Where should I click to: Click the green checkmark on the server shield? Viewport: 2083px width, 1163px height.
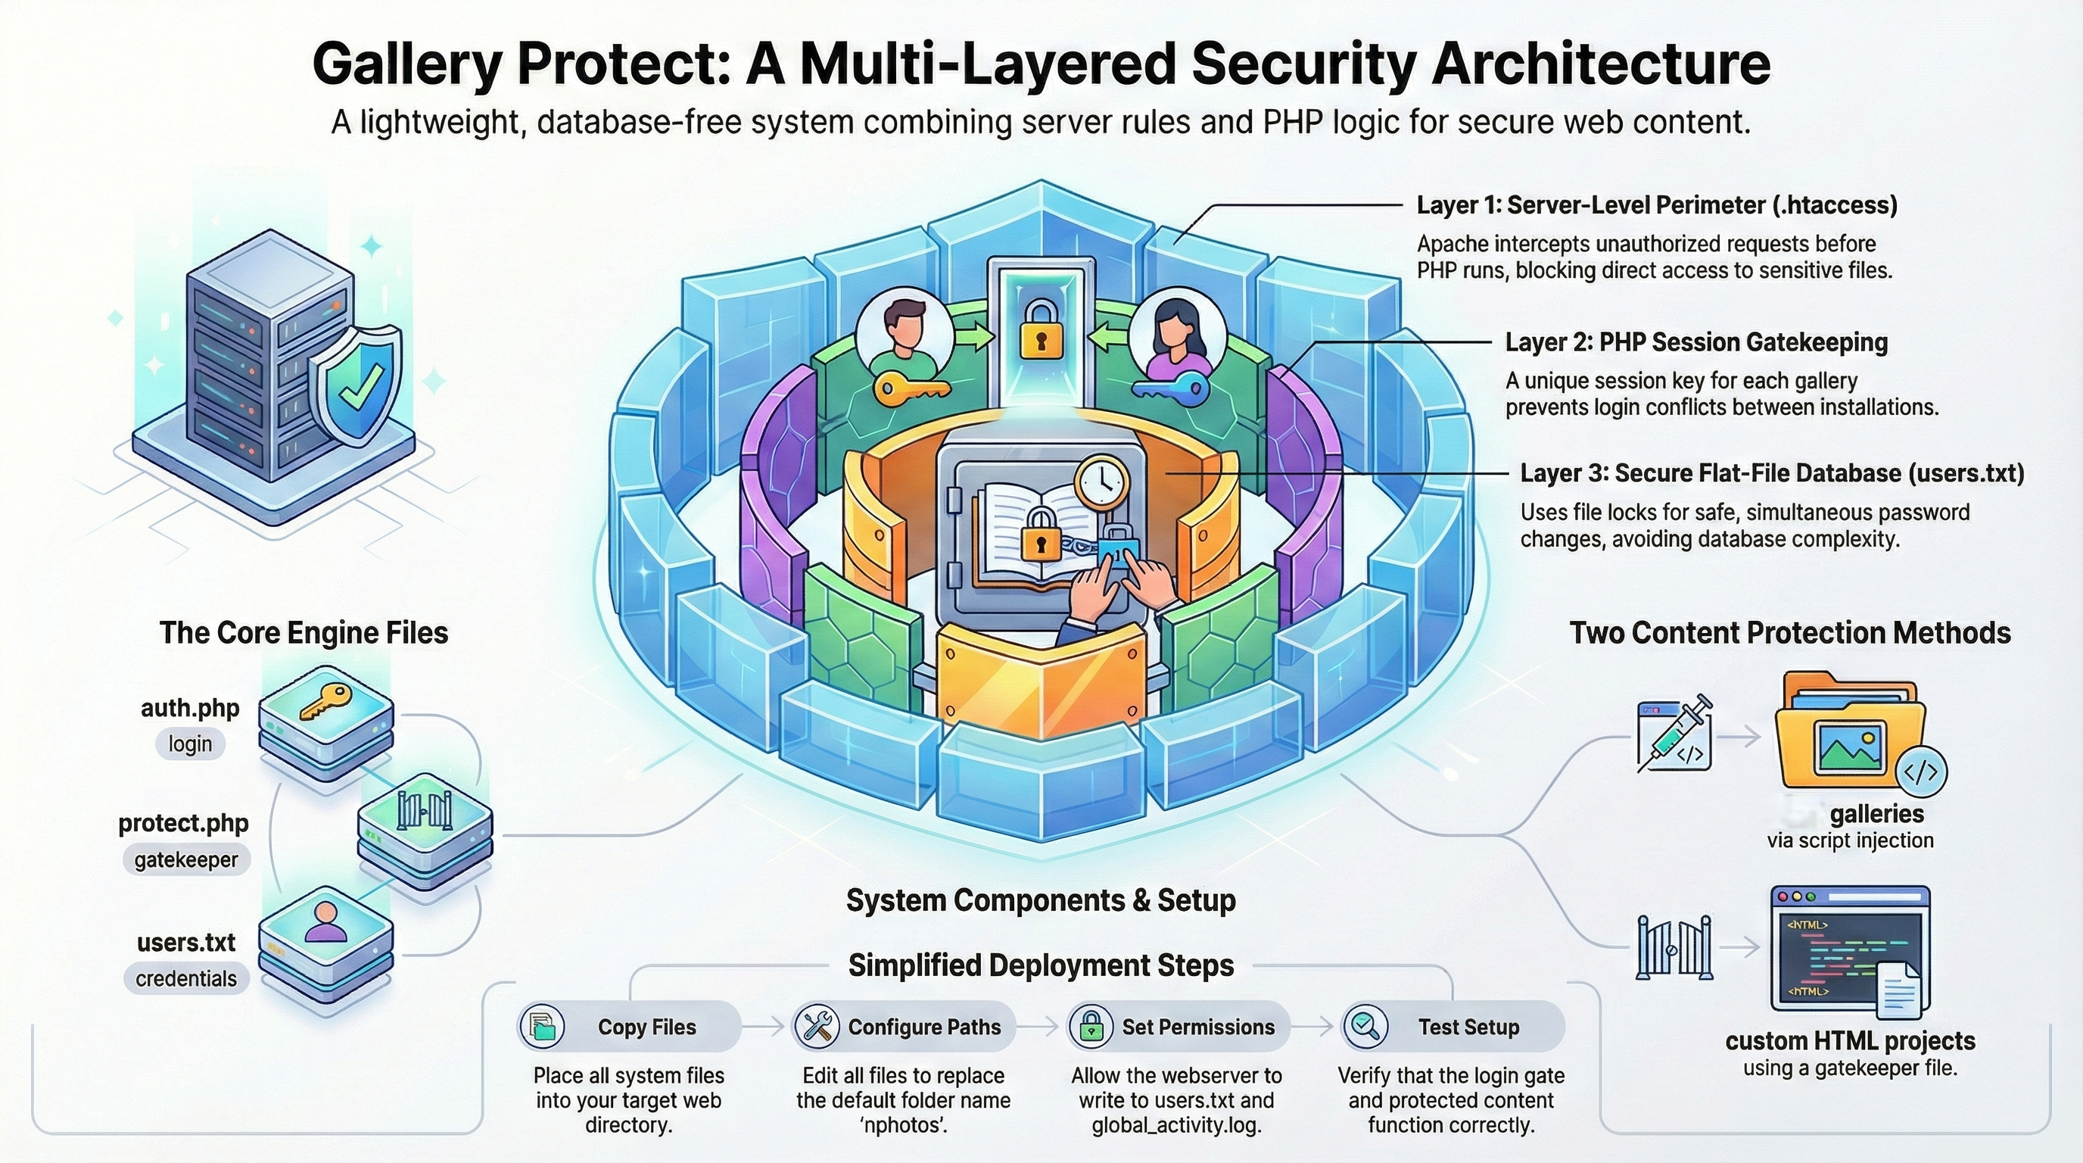point(357,387)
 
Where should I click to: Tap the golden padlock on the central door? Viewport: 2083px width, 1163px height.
point(1041,331)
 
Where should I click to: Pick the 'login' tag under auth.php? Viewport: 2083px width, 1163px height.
point(190,744)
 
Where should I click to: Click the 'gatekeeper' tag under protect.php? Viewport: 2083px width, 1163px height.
point(186,859)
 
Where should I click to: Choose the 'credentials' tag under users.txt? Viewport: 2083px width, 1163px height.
point(186,978)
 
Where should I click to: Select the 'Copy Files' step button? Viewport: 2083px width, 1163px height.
point(629,1026)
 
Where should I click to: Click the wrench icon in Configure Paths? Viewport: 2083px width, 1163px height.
point(817,1026)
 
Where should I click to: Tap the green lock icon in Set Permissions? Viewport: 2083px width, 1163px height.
point(1091,1026)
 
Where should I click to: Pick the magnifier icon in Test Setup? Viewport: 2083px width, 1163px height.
point(1365,1026)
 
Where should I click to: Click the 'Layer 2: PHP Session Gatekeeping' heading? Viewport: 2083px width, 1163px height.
point(1695,342)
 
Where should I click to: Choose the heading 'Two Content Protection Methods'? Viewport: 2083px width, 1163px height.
point(1789,632)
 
